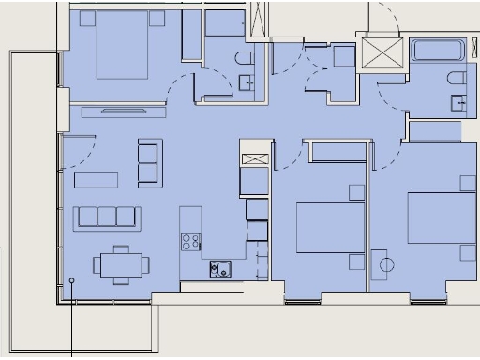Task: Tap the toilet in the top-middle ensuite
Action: [x=246, y=60]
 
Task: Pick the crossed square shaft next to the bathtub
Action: [x=380, y=52]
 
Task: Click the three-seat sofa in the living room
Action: [x=108, y=217]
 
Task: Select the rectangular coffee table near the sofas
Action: [x=97, y=179]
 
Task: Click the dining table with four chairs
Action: [x=117, y=263]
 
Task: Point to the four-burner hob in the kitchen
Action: [x=191, y=242]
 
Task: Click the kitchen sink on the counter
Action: [x=220, y=269]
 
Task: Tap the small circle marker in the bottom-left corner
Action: [x=72, y=280]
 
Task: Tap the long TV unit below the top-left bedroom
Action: [x=124, y=112]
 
